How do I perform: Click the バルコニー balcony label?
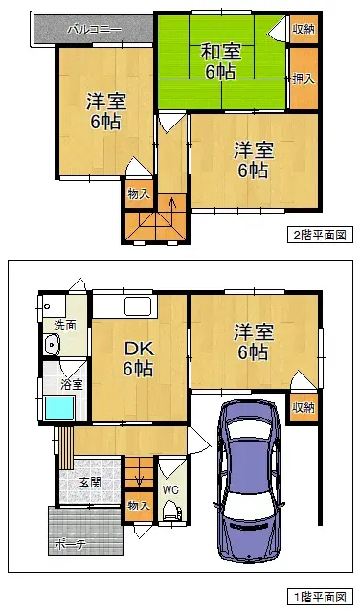tap(93, 30)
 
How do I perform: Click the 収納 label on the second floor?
tap(303, 30)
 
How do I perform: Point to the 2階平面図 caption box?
tap(319, 234)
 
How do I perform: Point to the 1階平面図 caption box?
tap(319, 596)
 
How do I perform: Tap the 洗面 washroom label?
tap(64, 326)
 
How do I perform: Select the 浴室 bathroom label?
tap(71, 385)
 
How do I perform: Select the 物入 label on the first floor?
tap(138, 505)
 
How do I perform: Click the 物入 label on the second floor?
tap(138, 193)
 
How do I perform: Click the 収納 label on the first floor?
tap(304, 407)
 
